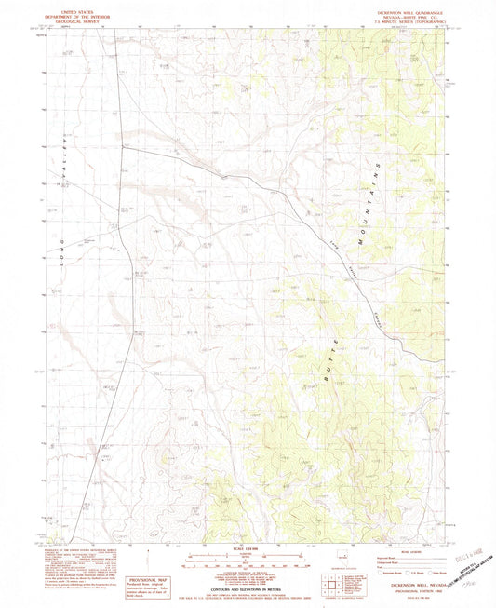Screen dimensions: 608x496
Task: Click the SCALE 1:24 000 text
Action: point(248,548)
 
